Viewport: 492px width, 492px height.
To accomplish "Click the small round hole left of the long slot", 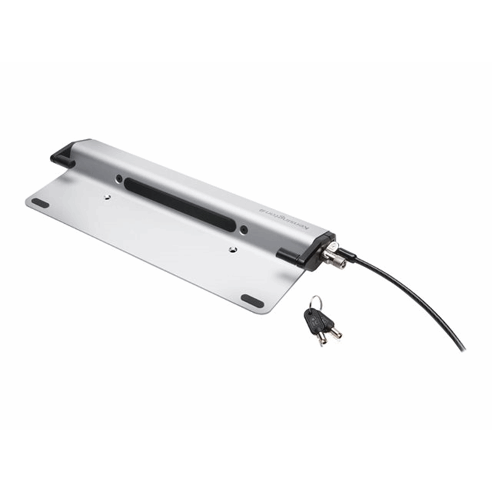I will pos(119,178).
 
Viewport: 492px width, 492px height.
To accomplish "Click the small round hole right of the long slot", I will pos(243,230).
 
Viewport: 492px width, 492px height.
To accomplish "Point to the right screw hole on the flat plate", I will pos(233,249).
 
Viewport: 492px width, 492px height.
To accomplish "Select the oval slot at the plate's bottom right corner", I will pos(252,300).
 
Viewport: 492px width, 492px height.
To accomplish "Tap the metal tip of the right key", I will pos(337,335).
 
